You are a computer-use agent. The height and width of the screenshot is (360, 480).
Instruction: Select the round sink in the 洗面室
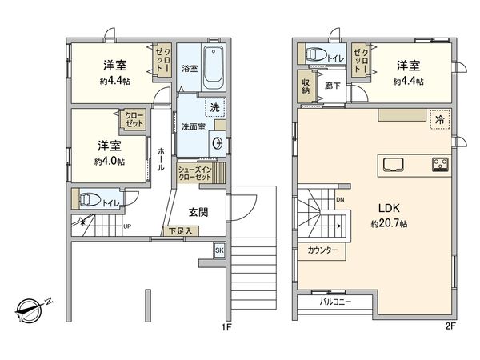point(217,143)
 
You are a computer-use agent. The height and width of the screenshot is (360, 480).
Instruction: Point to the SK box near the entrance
point(219,251)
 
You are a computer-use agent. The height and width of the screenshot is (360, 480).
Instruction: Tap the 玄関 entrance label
point(198,212)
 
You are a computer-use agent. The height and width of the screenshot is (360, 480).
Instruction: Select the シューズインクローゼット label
point(194,174)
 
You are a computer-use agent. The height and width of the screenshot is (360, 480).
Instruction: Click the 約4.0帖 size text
point(109,161)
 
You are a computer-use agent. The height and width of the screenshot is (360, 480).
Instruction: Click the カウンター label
point(322,250)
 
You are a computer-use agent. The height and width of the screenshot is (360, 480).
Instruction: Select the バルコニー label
point(336,302)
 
